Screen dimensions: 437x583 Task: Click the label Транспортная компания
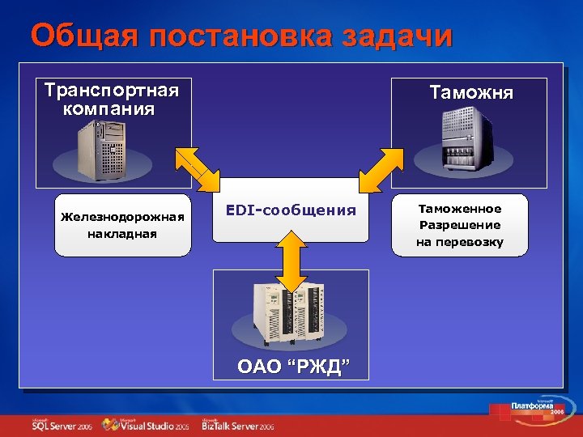point(111,98)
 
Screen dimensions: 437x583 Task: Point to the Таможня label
point(471,92)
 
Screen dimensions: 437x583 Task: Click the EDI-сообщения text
point(291,210)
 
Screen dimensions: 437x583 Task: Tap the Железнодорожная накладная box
point(122,225)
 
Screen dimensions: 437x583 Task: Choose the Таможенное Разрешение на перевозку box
point(459,225)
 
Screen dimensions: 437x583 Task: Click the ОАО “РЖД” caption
point(294,368)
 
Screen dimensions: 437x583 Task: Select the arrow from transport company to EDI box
point(198,168)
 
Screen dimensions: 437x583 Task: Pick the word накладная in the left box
point(122,234)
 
